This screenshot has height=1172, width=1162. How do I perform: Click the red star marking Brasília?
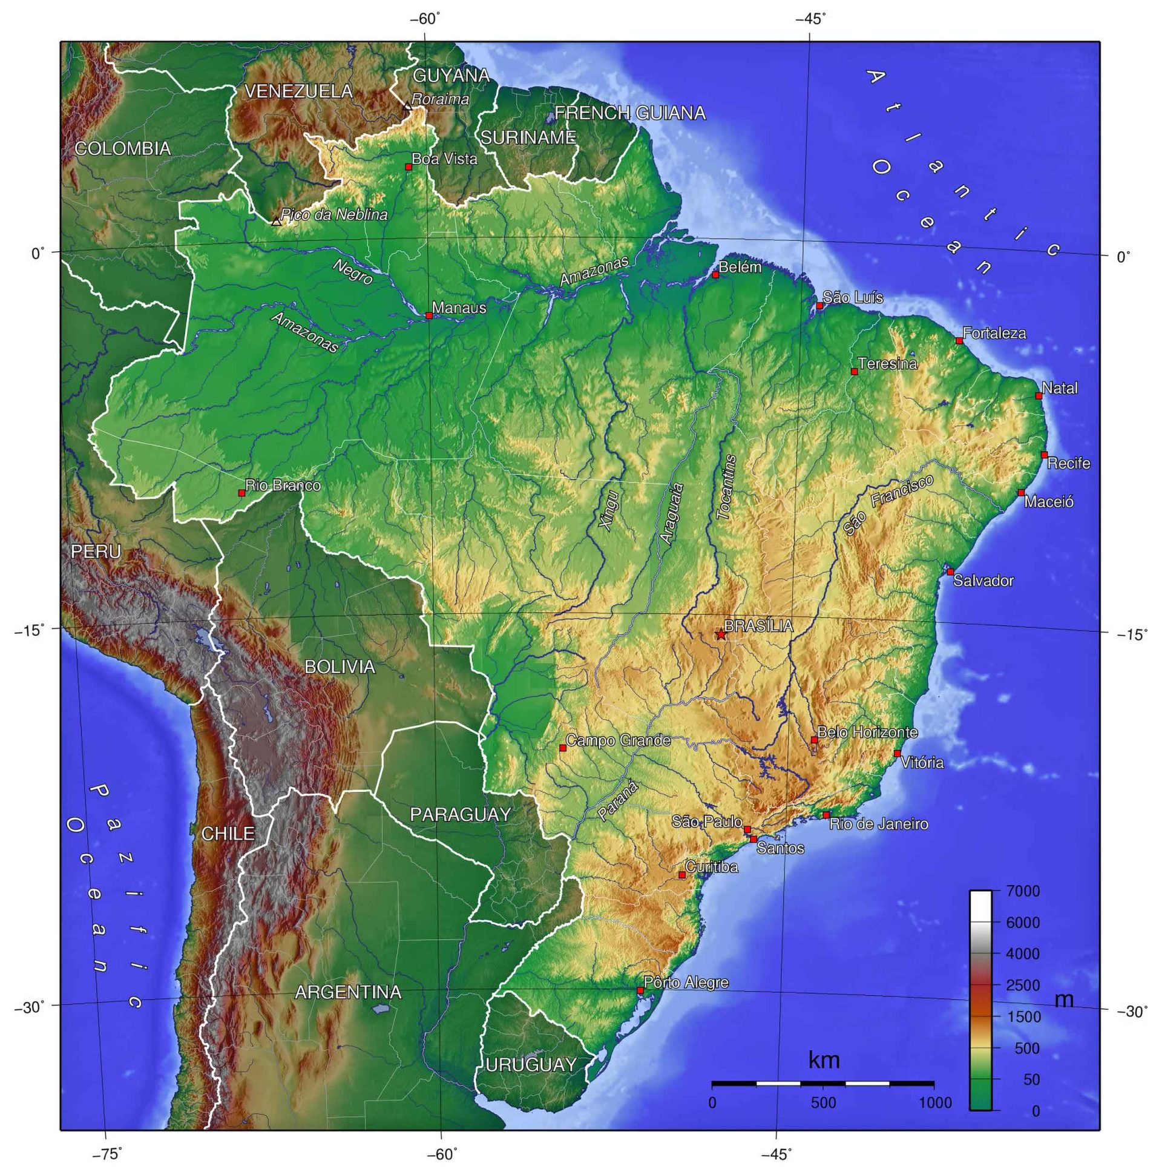[x=720, y=634]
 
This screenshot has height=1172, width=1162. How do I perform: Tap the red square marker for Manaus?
[x=428, y=315]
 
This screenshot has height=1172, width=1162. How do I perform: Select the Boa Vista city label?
[x=445, y=159]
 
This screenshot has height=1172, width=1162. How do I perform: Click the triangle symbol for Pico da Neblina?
[x=277, y=222]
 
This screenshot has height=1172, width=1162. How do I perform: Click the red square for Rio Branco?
[x=242, y=493]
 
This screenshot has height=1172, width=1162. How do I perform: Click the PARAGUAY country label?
[x=461, y=815]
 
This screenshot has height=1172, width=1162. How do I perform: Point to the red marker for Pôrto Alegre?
[x=640, y=990]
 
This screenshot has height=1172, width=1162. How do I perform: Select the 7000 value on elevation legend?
[x=1023, y=892]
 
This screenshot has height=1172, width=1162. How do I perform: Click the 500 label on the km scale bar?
[x=823, y=1102]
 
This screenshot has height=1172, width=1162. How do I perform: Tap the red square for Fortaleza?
[x=959, y=341]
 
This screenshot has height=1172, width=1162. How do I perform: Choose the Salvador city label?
[x=983, y=581]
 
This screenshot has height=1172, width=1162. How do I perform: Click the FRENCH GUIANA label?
[x=630, y=113]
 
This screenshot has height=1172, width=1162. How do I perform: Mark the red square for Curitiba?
[x=681, y=875]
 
